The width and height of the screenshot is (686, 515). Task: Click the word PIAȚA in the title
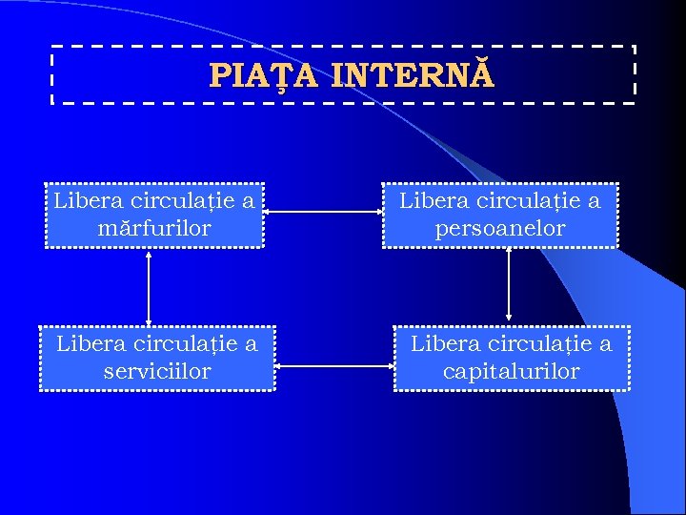(x=266, y=74)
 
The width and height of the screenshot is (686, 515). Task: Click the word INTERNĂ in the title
(x=414, y=74)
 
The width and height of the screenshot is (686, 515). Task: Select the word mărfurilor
(x=153, y=229)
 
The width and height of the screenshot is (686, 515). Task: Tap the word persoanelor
(x=499, y=229)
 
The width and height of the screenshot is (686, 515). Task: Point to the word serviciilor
(x=156, y=371)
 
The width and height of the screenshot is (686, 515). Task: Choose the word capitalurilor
(x=511, y=371)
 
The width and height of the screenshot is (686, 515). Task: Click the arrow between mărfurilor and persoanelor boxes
(x=324, y=214)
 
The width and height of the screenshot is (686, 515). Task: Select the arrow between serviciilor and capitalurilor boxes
(x=334, y=364)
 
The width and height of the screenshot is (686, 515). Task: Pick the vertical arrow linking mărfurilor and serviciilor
(x=149, y=286)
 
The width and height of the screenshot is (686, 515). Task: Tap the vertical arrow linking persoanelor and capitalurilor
(x=509, y=283)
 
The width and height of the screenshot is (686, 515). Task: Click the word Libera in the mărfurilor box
(x=83, y=200)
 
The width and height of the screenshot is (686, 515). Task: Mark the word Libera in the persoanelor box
(x=429, y=200)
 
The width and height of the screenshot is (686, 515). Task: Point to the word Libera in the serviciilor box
(x=86, y=343)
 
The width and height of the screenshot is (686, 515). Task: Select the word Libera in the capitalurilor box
(x=440, y=343)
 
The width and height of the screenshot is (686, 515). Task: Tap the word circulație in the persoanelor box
(x=524, y=201)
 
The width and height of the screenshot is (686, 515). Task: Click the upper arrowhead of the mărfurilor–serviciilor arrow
(x=149, y=255)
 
